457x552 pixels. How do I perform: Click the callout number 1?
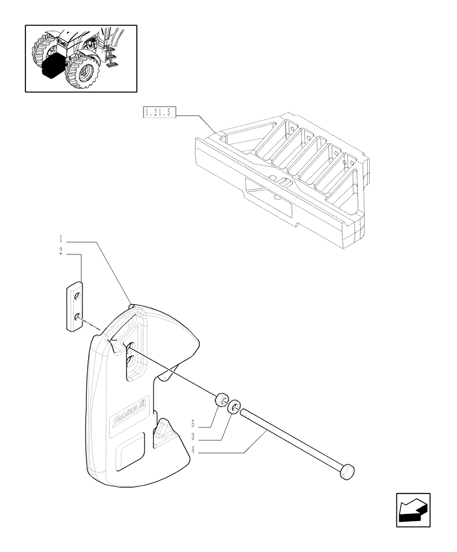click(x=62, y=239)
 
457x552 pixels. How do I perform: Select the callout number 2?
click(x=62, y=252)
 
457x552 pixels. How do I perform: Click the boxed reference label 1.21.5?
click(x=158, y=113)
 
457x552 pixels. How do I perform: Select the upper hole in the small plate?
click(x=77, y=297)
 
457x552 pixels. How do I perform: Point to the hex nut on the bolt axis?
click(x=222, y=399)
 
